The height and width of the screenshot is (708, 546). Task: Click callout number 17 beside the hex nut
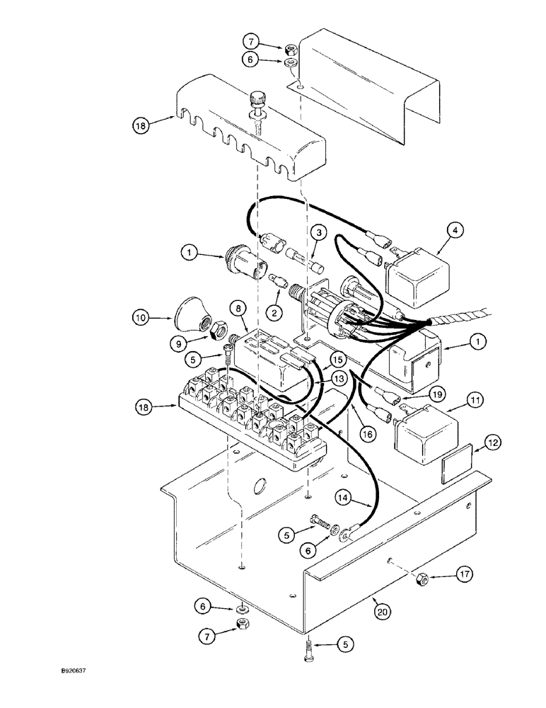pos(463,575)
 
